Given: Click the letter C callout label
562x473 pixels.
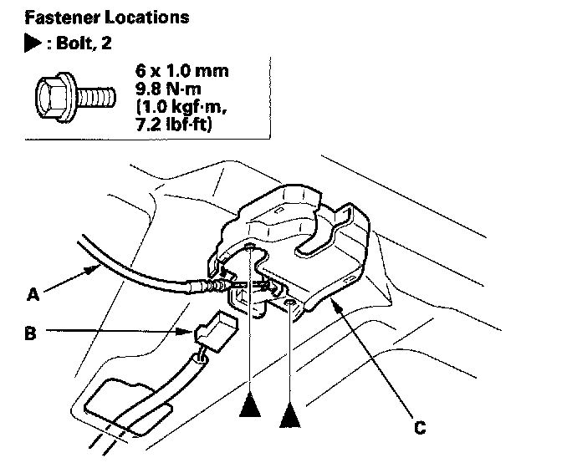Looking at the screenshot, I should [420, 430].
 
